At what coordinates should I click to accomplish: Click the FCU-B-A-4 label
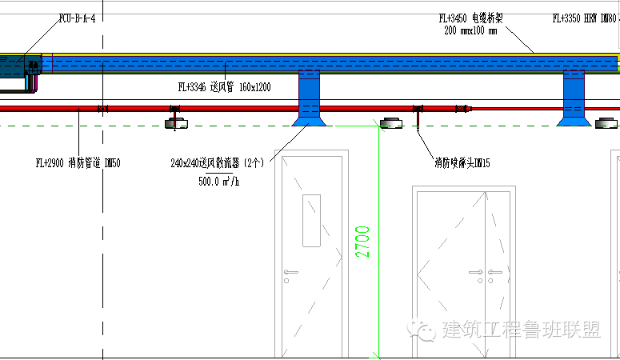coord(77,18)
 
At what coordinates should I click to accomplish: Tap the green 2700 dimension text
coord(362,241)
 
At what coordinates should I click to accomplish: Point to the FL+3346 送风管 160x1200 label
coord(224,86)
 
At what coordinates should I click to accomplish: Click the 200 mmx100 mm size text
coord(470,31)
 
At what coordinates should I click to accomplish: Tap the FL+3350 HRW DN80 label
coord(585,18)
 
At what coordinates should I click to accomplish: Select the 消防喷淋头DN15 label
coord(462,163)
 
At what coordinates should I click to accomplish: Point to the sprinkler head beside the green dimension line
coord(391,122)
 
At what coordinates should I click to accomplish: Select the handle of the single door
coord(290,272)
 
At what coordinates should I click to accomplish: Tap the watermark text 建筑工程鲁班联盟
coord(521,330)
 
